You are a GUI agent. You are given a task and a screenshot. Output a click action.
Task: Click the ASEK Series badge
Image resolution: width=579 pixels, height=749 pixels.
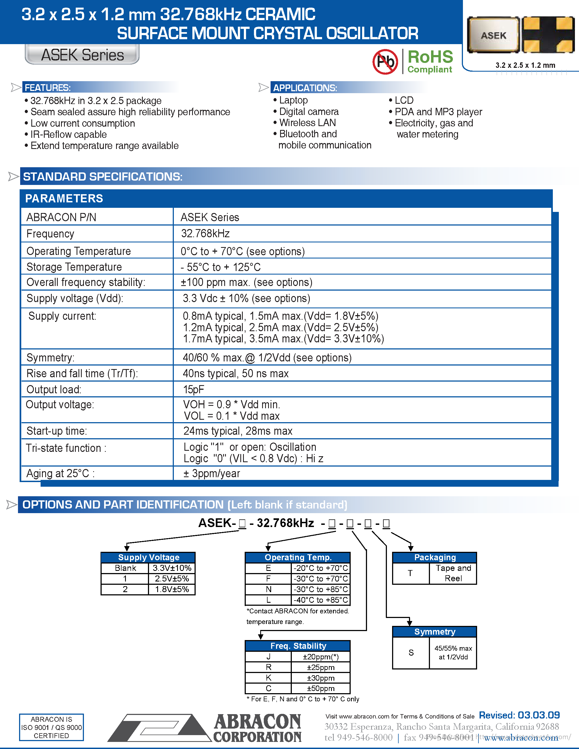(82, 55)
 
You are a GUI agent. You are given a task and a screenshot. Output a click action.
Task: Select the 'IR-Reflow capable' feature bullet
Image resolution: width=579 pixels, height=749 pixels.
(68, 135)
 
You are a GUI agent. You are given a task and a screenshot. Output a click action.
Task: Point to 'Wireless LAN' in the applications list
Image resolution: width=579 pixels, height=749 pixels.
(307, 123)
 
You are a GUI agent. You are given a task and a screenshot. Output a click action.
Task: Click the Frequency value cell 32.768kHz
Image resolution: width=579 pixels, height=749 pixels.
(205, 233)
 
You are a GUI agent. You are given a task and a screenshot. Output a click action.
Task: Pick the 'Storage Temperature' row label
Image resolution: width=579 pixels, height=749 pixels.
(74, 267)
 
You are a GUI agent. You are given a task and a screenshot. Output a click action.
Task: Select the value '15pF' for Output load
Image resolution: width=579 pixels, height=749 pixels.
(193, 389)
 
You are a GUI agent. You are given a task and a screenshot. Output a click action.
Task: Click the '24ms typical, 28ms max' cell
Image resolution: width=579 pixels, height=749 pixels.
(238, 431)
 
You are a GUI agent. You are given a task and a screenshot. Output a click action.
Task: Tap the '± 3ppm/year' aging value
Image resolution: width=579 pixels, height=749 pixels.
(212, 474)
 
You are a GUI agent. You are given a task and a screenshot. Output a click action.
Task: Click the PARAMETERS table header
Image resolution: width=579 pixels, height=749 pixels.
(64, 199)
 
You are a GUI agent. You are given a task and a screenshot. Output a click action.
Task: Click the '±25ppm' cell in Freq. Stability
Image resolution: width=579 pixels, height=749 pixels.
(320, 667)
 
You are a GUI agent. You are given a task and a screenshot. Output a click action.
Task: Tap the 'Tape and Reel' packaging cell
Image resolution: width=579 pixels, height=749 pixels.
(453, 573)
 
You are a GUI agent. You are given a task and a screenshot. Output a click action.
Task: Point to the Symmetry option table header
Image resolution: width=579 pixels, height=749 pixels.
(435, 632)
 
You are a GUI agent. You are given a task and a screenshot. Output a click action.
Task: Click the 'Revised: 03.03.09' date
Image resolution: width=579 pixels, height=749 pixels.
(519, 715)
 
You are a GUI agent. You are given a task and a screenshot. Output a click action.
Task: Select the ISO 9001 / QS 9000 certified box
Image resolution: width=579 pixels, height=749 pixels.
(51, 727)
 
